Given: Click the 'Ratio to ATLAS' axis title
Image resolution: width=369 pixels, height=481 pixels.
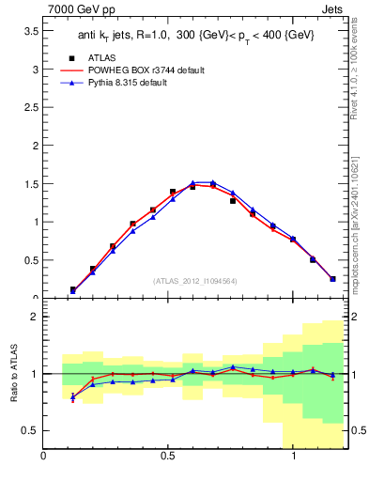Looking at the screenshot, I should (x=13, y=373).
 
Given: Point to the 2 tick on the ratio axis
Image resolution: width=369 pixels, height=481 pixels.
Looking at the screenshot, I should (x=34, y=317).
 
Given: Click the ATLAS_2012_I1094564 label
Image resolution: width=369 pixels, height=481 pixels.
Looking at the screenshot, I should (x=194, y=280).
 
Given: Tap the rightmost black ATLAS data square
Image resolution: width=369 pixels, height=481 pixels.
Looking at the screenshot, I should (x=332, y=278).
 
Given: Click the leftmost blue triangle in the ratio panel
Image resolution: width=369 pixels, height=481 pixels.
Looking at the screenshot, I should (x=73, y=398).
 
